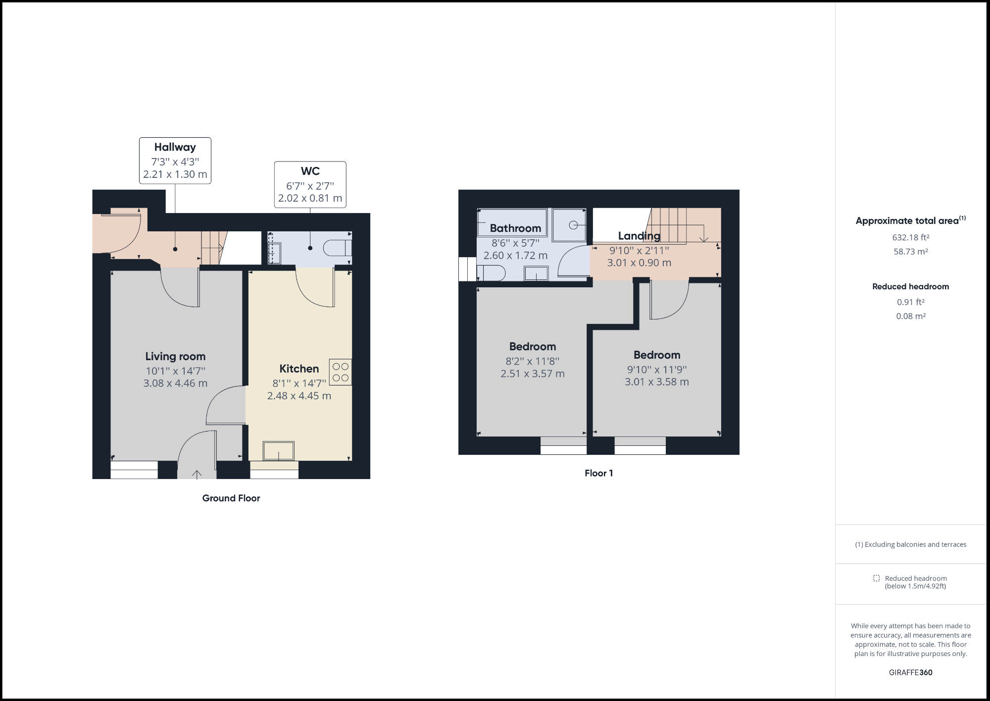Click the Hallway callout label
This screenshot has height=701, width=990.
pos(175,147)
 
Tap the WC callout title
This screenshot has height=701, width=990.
pos(310,171)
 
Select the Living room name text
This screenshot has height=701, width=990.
pos(175,356)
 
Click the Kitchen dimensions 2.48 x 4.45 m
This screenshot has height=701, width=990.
pos(299,396)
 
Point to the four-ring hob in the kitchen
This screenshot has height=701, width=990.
pos(341,372)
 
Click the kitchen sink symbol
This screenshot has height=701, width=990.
pos(279,451)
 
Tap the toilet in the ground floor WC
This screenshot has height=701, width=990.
pos(338,247)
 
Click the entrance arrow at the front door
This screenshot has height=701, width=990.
pos(197,475)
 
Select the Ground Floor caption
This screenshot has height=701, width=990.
pos(231,498)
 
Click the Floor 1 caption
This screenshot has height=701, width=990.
pos(598,473)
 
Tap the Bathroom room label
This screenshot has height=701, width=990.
pos(515,228)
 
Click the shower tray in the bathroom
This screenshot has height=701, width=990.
pos(569,225)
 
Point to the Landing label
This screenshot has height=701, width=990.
pos(639,236)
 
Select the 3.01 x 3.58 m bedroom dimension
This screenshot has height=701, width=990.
pos(657,382)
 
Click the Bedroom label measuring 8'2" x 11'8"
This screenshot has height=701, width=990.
pos(533,347)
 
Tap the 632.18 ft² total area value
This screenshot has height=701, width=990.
pos(910,237)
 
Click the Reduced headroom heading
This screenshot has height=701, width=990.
pos(910,286)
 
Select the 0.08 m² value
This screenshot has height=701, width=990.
pos(910,316)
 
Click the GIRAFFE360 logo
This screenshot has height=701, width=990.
pos(910,672)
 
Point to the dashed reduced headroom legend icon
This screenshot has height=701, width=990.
pos(876,578)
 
